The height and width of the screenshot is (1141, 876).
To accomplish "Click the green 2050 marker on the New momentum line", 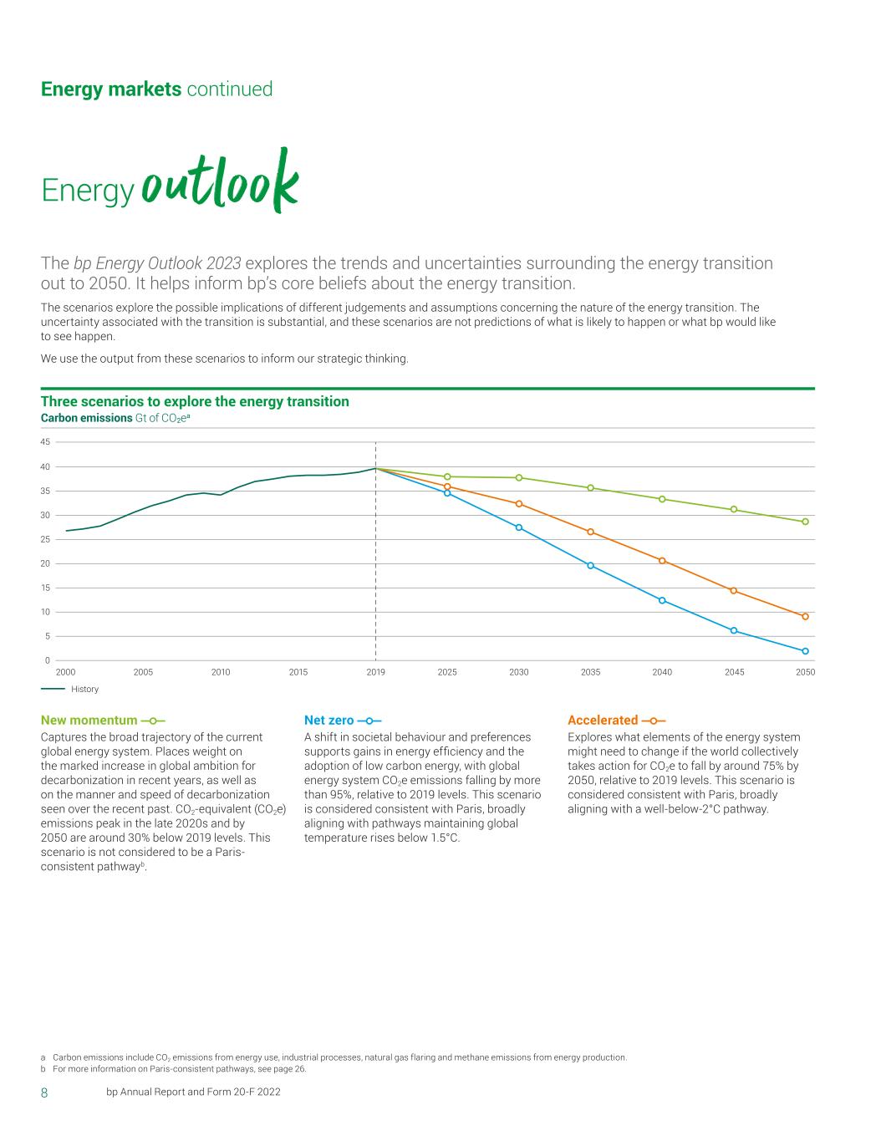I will [x=805, y=522].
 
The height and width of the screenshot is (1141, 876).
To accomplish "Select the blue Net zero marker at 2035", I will [x=590, y=566].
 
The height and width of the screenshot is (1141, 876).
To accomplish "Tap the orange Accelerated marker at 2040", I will [x=662, y=561].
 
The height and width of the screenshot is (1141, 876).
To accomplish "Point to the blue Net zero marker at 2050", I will [x=805, y=651].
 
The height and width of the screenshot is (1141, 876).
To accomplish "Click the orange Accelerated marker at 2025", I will [x=447, y=486].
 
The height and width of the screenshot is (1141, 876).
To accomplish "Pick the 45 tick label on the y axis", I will [x=45, y=442].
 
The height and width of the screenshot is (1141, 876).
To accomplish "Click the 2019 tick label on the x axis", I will [x=375, y=672].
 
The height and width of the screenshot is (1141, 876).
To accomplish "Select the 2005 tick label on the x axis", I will [x=143, y=672].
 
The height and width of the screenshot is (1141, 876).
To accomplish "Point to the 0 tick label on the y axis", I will [x=48, y=661].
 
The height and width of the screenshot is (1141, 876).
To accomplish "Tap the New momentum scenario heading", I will [x=89, y=721].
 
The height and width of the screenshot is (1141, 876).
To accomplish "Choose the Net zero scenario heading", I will [x=328, y=721].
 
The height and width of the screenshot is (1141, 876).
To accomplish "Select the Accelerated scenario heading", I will [x=603, y=721].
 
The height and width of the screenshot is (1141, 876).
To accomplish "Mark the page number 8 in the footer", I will [x=44, y=1093].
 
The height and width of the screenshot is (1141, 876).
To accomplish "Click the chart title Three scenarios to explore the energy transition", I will [x=195, y=402].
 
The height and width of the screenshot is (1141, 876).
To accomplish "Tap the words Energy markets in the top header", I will [x=111, y=89].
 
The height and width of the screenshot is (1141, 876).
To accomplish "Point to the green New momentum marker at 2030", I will [x=519, y=477].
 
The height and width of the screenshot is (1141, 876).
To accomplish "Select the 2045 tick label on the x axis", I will [x=734, y=672].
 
